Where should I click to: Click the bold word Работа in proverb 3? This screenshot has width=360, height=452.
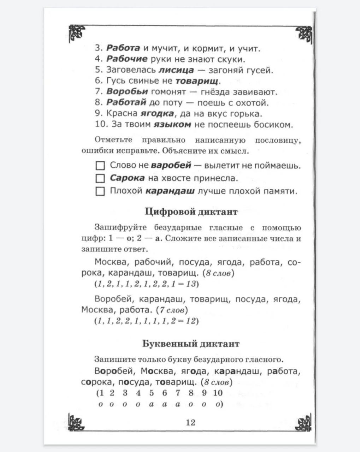pos(123,48)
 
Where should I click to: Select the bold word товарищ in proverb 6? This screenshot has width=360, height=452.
pos(197,81)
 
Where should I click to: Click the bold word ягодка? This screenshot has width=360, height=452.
pos(157,114)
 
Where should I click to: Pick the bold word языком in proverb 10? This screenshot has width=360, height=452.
pos(172,124)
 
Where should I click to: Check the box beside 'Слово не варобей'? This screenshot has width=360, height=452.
pos(100,165)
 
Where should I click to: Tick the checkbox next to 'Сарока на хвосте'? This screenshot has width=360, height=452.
pos(100,178)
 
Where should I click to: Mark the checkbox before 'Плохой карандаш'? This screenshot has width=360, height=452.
pos(100,191)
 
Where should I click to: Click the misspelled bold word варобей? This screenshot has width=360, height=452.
pos(171,165)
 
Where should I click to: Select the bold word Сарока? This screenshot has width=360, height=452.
pos(127,178)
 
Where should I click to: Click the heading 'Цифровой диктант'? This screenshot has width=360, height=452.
pos(191,212)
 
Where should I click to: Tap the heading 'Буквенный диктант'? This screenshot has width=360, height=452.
pos(191,344)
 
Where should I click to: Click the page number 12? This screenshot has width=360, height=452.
pos(190,422)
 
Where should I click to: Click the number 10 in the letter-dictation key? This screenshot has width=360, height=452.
pos(218,393)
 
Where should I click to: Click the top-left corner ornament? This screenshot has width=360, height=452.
pos(77,33)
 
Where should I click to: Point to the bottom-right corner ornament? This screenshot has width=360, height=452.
pos(303,421)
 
